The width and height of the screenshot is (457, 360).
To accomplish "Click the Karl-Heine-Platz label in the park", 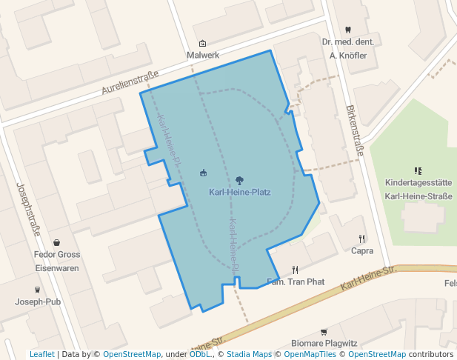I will pyautogui.click(x=240, y=193).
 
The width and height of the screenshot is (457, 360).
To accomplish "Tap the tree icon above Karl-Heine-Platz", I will pyautogui.click(x=239, y=180).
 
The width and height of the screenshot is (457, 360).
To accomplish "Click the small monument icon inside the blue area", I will pyautogui.click(x=204, y=173).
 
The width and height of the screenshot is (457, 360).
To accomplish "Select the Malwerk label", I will pyautogui.click(x=203, y=56).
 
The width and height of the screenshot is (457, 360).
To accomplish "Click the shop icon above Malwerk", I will pyautogui.click(x=203, y=43).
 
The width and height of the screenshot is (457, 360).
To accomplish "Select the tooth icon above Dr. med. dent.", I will pyautogui.click(x=348, y=30).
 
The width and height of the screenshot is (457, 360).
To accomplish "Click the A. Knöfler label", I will pyautogui.click(x=348, y=55).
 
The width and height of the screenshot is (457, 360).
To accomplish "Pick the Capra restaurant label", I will pyautogui.click(x=362, y=251).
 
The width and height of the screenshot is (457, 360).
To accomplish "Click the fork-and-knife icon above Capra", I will pyautogui.click(x=362, y=239).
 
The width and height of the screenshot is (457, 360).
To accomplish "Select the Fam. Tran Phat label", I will pyautogui.click(x=296, y=282).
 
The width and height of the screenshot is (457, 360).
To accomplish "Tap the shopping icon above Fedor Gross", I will pyautogui.click(x=57, y=242).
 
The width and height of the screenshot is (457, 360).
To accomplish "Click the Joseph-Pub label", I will pyautogui.click(x=38, y=301).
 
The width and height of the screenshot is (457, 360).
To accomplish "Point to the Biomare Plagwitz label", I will pyautogui.click(x=324, y=344).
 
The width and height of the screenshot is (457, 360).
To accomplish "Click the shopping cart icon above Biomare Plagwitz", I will pyautogui.click(x=324, y=331).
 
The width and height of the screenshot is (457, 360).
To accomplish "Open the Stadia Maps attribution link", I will pyautogui.click(x=249, y=354).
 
